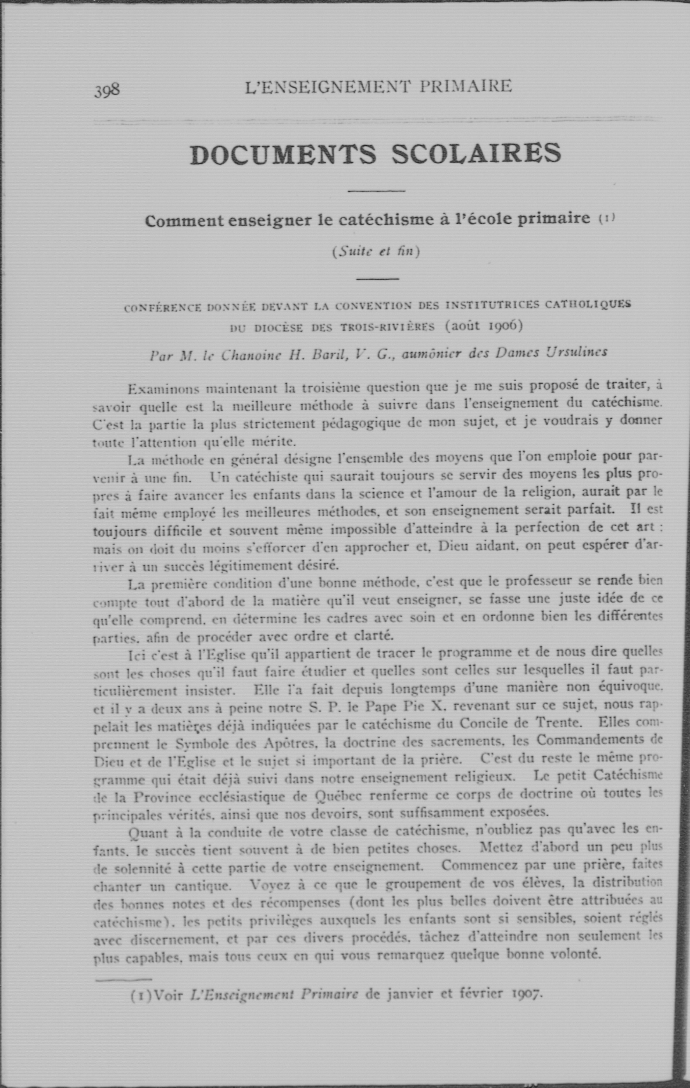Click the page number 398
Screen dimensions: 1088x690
[x=107, y=90]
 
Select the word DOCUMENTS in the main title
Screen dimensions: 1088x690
[x=283, y=154]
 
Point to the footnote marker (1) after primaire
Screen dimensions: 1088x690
[x=607, y=218]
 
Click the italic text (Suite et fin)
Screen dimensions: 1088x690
[x=376, y=251]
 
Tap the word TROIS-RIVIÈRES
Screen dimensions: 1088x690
[x=387, y=327]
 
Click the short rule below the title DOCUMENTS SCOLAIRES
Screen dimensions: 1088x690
[x=376, y=191]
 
